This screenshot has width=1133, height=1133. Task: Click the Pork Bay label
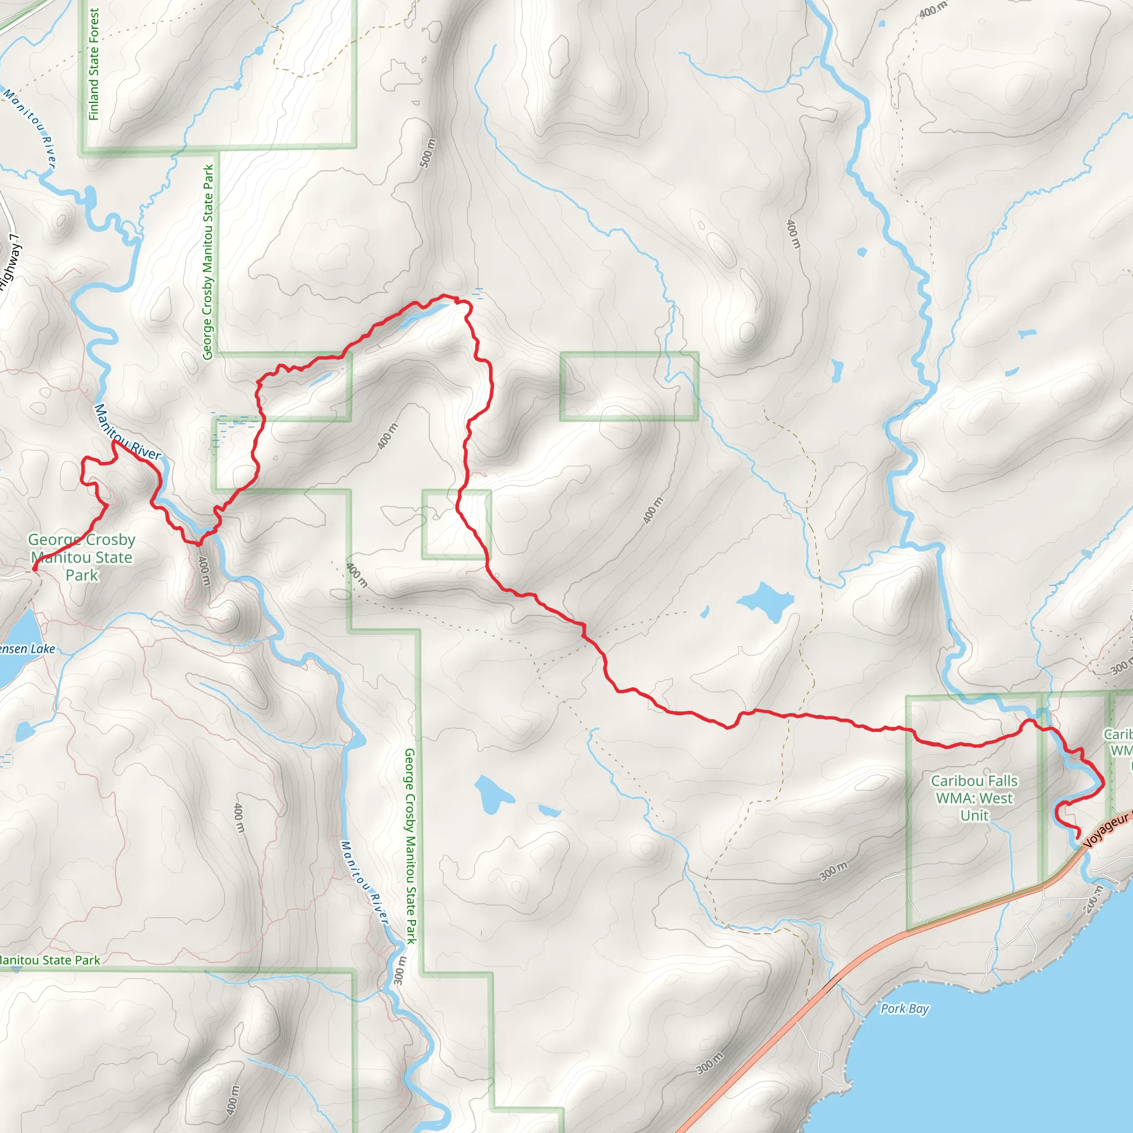[905, 1008]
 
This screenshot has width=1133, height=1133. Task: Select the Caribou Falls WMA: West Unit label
[974, 798]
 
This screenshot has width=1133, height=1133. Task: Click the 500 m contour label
[429, 153]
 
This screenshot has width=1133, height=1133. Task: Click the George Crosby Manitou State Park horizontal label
[82, 557]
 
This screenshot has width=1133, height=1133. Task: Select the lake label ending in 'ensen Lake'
[27, 648]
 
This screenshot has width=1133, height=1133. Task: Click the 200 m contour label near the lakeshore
[1094, 899]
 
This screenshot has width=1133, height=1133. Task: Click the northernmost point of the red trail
[445, 295]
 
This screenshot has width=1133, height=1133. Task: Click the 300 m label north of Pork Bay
[833, 871]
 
